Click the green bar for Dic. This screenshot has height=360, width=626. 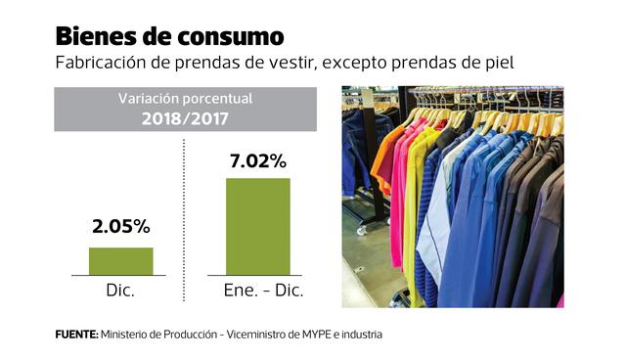point(121,261)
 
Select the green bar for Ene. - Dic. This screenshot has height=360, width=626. point(258,226)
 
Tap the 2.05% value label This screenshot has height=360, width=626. point(121,227)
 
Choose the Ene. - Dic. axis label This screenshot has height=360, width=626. point(258,291)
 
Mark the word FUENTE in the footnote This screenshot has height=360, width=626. point(75,335)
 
